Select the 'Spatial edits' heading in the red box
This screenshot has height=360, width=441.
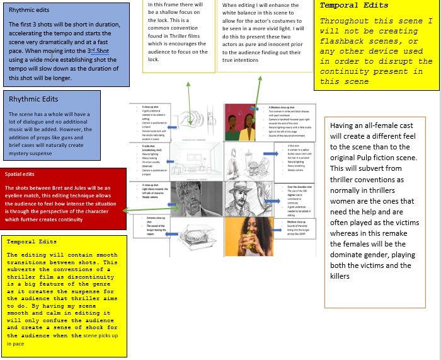click(20, 174)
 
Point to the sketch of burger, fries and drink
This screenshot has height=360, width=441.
click(249, 160)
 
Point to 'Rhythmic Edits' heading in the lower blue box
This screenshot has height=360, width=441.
click(33, 99)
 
